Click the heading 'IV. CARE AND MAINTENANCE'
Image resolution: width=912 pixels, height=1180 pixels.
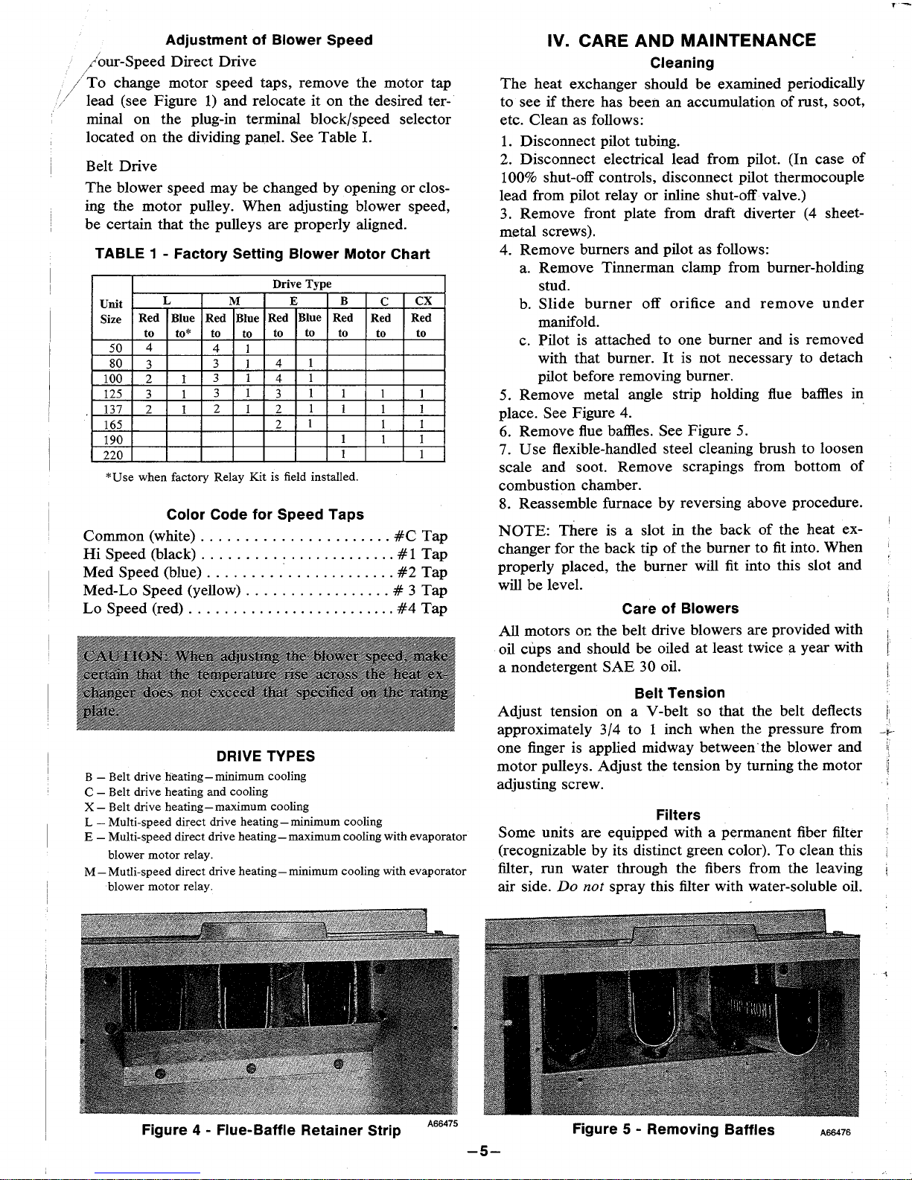pyautogui.click(x=681, y=40)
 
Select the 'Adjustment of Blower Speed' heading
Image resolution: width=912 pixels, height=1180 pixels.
pyautogui.click(x=269, y=40)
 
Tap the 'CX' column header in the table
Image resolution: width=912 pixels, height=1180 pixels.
pyautogui.click(x=423, y=301)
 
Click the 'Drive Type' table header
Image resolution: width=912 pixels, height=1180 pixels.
pyautogui.click(x=302, y=284)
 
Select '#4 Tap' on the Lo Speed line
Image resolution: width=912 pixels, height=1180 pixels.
pyautogui.click(x=422, y=608)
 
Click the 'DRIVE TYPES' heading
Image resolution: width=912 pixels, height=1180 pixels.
pyautogui.click(x=266, y=756)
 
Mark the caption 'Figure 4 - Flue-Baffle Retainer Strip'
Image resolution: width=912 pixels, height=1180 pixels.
pyautogui.click(x=271, y=1131)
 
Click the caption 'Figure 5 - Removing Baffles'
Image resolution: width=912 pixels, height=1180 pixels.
pyautogui.click(x=673, y=1129)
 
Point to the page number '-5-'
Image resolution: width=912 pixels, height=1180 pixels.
pyautogui.click(x=482, y=1151)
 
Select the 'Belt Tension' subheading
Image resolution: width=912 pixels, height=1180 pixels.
pyautogui.click(x=680, y=693)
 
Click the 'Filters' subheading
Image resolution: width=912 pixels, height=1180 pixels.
pyautogui.click(x=678, y=814)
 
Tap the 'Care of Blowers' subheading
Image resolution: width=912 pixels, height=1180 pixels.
pyautogui.click(x=680, y=608)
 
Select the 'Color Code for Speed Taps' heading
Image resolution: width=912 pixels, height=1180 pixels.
pyautogui.click(x=265, y=514)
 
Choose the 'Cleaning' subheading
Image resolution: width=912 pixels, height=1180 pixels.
pyautogui.click(x=682, y=63)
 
